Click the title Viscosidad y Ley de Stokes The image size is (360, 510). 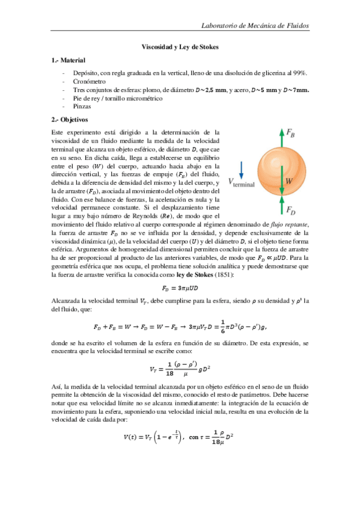point(180,46)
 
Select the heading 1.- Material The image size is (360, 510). point(69,60)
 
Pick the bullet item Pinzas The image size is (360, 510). point(83,106)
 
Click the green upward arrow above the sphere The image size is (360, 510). point(281,138)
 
